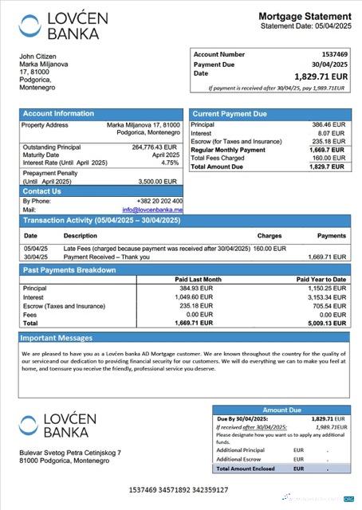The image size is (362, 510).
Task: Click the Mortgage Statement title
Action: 305,16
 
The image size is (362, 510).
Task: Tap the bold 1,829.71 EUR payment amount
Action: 321,76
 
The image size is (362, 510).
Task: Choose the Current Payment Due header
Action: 230,114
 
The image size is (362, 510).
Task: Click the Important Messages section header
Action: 58,339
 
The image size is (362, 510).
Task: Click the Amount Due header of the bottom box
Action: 281,410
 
